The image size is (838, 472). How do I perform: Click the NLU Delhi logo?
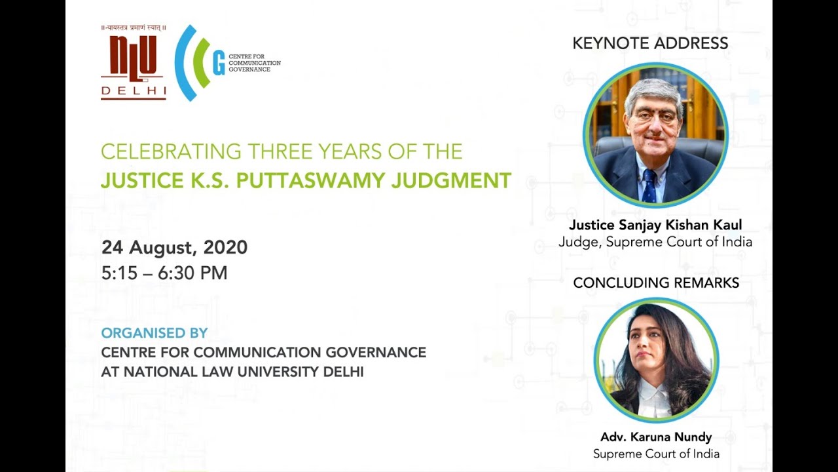point(134,62)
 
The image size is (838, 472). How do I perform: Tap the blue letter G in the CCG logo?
point(219,62)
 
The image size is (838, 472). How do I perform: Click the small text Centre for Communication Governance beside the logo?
point(255,63)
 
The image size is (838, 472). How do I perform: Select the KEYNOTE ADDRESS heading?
point(650,43)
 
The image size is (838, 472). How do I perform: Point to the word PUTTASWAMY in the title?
point(310,180)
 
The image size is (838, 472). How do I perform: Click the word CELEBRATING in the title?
point(171,151)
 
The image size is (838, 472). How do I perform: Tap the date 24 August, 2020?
point(174,247)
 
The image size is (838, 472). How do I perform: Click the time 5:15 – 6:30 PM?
point(164,273)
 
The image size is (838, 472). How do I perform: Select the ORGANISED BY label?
point(154,333)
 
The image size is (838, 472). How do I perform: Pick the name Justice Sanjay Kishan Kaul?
point(655,225)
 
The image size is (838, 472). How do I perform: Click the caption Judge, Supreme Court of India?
point(655,242)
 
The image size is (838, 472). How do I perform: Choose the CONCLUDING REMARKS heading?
point(656,283)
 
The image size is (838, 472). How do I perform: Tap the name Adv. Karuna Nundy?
point(656,437)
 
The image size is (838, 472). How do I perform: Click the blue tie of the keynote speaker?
point(649,186)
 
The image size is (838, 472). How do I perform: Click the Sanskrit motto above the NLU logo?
point(134,28)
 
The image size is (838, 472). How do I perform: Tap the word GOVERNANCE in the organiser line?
point(376,352)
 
